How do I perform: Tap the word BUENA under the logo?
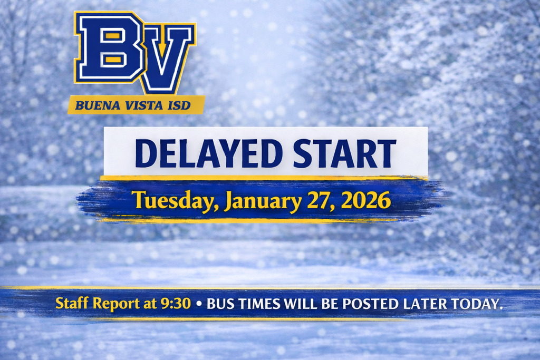tap(93, 105)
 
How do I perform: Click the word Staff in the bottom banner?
tap(73, 304)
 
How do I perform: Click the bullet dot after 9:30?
tap(199, 305)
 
